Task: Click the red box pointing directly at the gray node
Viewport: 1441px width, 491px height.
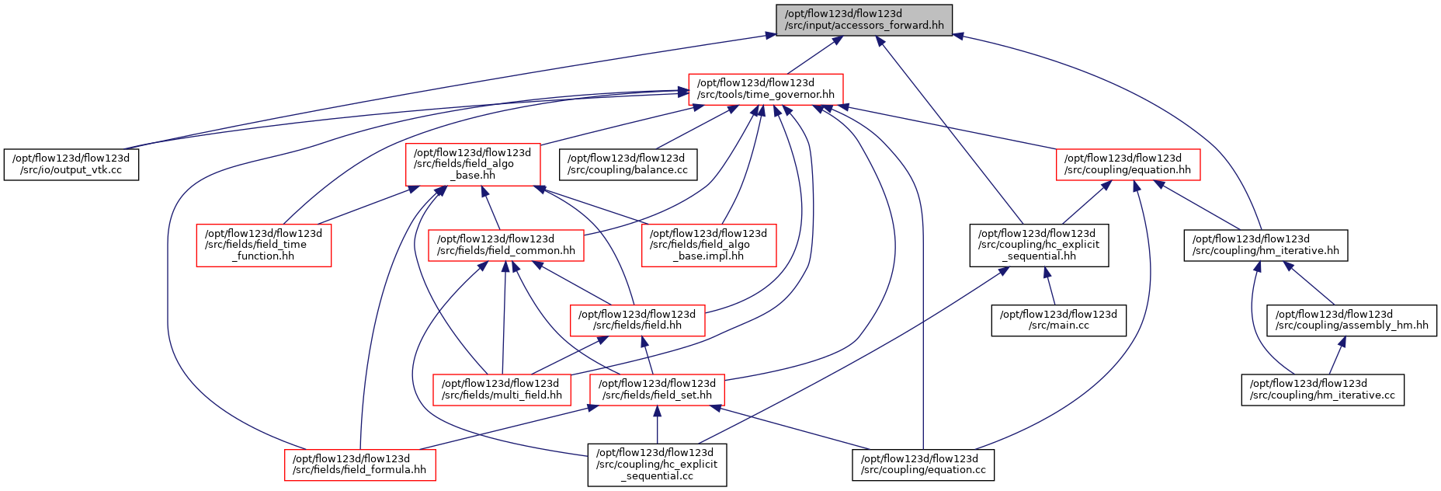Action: click(x=766, y=89)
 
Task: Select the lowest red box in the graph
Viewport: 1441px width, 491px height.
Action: click(x=359, y=465)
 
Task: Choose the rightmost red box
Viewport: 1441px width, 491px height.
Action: click(x=1128, y=165)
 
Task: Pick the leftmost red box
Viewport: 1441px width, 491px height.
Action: click(x=264, y=245)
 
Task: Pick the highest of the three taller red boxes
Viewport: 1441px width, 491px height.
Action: click(x=473, y=165)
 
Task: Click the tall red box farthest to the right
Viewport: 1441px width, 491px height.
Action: click(x=709, y=245)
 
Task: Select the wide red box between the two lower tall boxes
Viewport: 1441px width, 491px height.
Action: click(x=505, y=245)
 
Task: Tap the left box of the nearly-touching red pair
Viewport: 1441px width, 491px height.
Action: click(x=502, y=390)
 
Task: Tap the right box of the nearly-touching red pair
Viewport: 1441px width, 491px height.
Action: click(x=657, y=390)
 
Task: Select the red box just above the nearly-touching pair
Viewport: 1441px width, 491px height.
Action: click(x=637, y=321)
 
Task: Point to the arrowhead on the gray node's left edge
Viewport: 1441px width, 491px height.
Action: click(x=770, y=35)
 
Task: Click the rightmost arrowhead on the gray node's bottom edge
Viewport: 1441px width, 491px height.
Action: click(x=880, y=41)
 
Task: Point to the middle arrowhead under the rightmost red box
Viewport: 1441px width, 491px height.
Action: click(x=1136, y=186)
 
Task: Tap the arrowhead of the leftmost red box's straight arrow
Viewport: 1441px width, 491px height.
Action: click(x=414, y=189)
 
